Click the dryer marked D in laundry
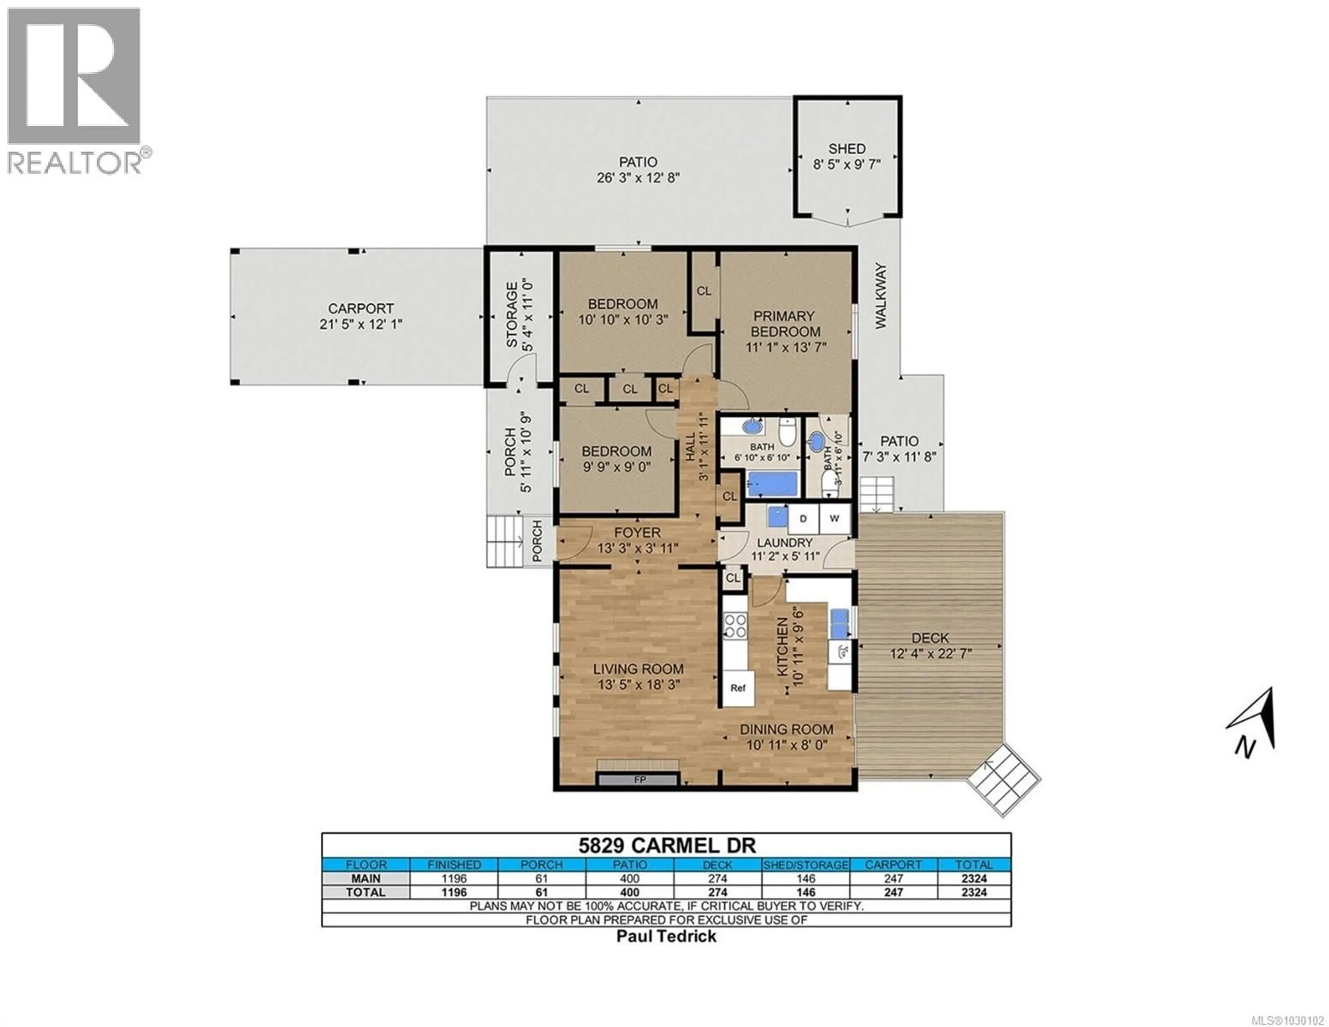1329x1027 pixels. (x=803, y=519)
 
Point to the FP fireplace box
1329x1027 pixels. (x=639, y=779)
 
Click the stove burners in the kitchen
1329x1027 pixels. (x=734, y=626)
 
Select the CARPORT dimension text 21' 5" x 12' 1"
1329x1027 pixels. (x=361, y=324)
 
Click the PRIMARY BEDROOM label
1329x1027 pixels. (x=784, y=324)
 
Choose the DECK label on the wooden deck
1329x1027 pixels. (x=930, y=638)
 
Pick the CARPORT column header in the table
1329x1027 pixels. (x=893, y=864)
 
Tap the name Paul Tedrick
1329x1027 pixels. (x=666, y=936)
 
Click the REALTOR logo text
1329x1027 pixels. (x=74, y=163)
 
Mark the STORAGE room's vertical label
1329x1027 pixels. (x=512, y=315)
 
